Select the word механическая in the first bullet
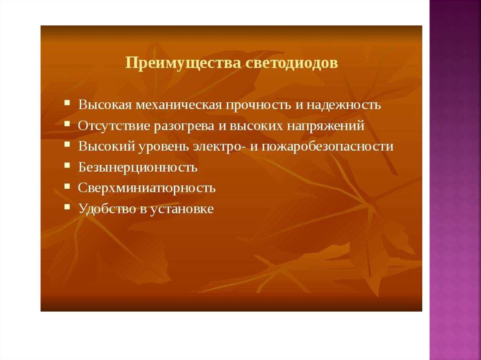pos(178,105)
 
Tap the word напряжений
pos(326,126)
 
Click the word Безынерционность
pos(138,168)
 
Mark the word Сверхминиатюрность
pos(147,188)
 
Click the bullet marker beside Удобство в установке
pos(67,207)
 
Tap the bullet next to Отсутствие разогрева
pos(67,124)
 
